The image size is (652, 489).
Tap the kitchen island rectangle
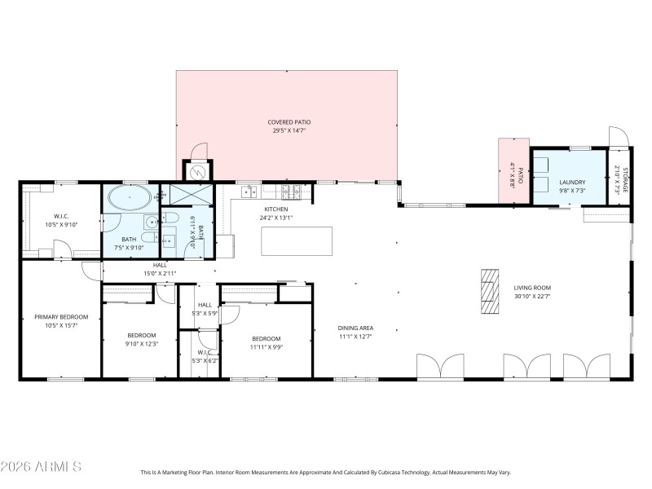[x=297, y=241]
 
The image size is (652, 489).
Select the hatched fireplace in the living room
[x=488, y=291]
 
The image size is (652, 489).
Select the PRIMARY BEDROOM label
[x=61, y=316]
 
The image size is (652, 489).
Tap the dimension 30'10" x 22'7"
[x=532, y=296]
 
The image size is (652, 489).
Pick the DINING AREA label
[x=355, y=328]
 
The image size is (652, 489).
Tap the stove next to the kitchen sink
[x=290, y=192]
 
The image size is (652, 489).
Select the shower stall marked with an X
[x=187, y=196]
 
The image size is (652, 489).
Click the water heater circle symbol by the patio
[x=196, y=171]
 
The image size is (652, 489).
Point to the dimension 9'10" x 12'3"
[x=141, y=344]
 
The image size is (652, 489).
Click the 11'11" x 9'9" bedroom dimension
[x=266, y=347]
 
